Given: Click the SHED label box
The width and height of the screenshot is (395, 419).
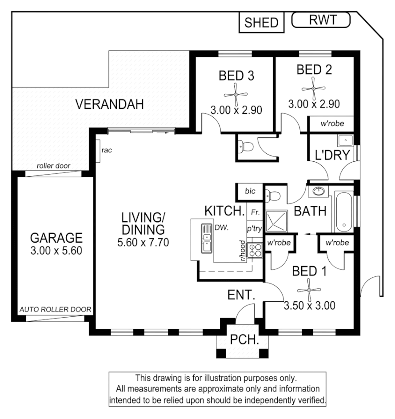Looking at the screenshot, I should pyautogui.click(x=261, y=23).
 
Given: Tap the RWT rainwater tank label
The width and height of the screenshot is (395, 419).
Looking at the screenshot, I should pyautogui.click(x=321, y=20).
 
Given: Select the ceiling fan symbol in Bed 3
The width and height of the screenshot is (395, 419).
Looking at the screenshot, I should pyautogui.click(x=235, y=94).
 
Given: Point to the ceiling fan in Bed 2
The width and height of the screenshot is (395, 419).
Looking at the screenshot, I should pyautogui.click(x=314, y=88).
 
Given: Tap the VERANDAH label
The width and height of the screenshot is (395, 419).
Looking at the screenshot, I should pyautogui.click(x=109, y=105).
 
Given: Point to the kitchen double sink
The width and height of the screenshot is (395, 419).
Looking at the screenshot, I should pyautogui.click(x=206, y=238).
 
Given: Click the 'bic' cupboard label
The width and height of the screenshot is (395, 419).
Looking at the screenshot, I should pyautogui.click(x=250, y=192).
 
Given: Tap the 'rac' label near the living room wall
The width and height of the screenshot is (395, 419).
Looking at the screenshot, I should pyautogui.click(x=106, y=150).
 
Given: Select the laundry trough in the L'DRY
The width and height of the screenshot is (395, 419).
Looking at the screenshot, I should pyautogui.click(x=344, y=141).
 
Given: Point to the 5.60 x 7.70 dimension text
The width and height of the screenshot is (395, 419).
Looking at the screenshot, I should pyautogui.click(x=143, y=243).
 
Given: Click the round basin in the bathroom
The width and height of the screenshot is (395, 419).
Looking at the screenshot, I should pyautogui.click(x=318, y=192).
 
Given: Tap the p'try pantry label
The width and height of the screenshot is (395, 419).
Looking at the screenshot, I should pyautogui.click(x=255, y=229).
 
